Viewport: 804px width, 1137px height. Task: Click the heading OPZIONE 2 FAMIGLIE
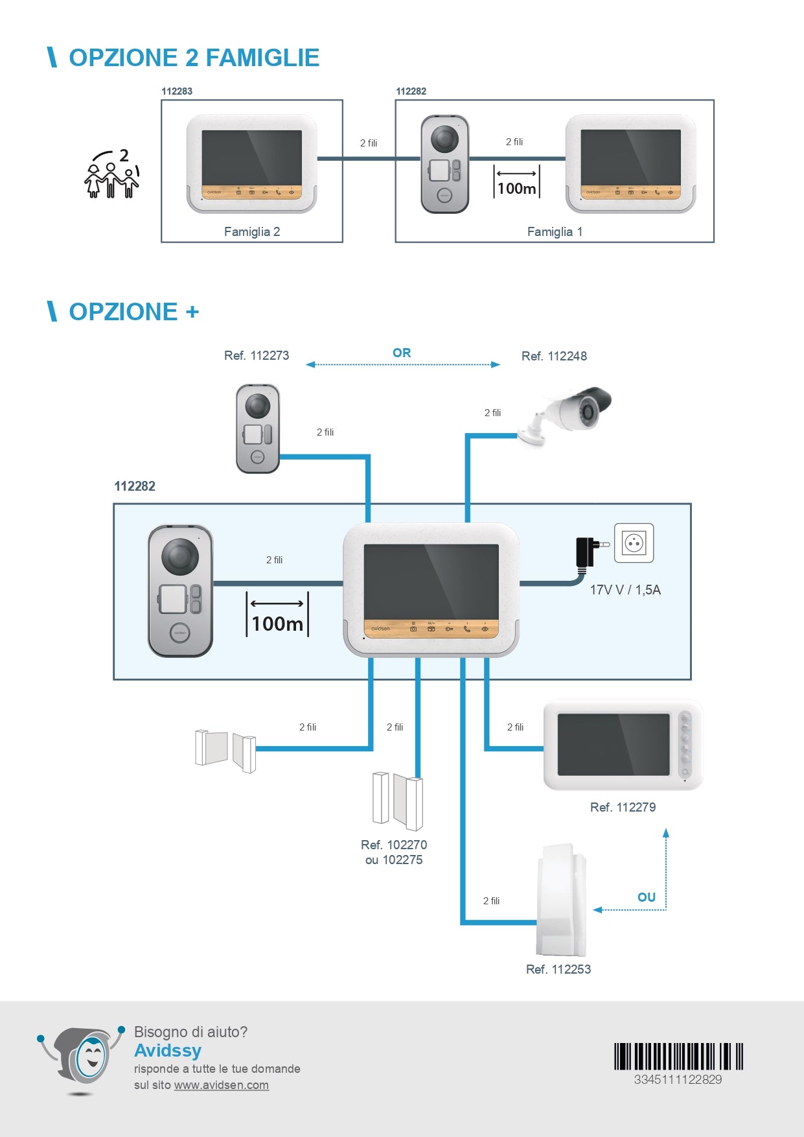194,58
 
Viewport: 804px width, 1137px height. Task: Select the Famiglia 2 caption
252,231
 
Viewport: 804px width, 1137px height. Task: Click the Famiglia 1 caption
555,231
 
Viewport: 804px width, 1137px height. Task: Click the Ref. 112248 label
554,356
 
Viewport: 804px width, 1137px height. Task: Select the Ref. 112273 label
257,355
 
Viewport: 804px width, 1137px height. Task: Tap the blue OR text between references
402,353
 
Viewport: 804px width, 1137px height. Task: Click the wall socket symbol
634,543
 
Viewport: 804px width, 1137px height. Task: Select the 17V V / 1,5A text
625,590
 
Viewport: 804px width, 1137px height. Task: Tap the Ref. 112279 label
623,807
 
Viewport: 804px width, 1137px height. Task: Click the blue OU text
647,897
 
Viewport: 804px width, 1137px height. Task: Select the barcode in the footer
678,1056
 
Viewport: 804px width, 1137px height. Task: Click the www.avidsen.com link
222,1085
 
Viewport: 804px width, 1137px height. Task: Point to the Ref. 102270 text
394,845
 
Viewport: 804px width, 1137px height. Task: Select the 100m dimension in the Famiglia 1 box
516,188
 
